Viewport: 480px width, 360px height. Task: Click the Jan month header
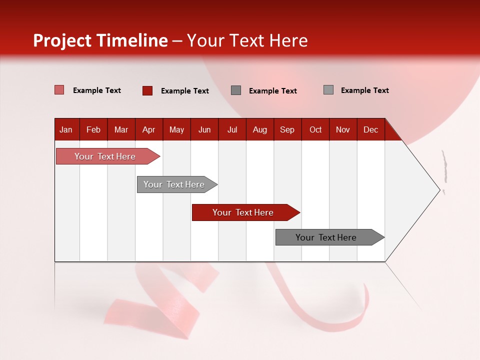(x=66, y=129)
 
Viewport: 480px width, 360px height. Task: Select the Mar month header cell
(x=121, y=129)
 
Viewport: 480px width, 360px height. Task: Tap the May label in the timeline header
(x=176, y=129)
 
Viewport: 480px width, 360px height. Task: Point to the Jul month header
(x=232, y=129)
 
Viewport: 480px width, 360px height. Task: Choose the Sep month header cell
(x=287, y=129)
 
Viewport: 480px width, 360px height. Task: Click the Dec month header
(x=370, y=129)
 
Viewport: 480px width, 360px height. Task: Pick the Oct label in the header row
(x=315, y=129)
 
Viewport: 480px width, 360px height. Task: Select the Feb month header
(x=93, y=129)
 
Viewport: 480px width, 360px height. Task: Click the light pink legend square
(x=59, y=90)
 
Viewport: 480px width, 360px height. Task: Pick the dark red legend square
(x=147, y=90)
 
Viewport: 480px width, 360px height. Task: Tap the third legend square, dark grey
(x=236, y=90)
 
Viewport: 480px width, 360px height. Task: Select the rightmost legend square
(x=328, y=90)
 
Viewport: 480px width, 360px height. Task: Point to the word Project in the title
(x=62, y=40)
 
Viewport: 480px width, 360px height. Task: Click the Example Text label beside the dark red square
(x=184, y=91)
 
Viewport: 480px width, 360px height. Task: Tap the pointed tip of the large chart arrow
(x=439, y=190)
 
